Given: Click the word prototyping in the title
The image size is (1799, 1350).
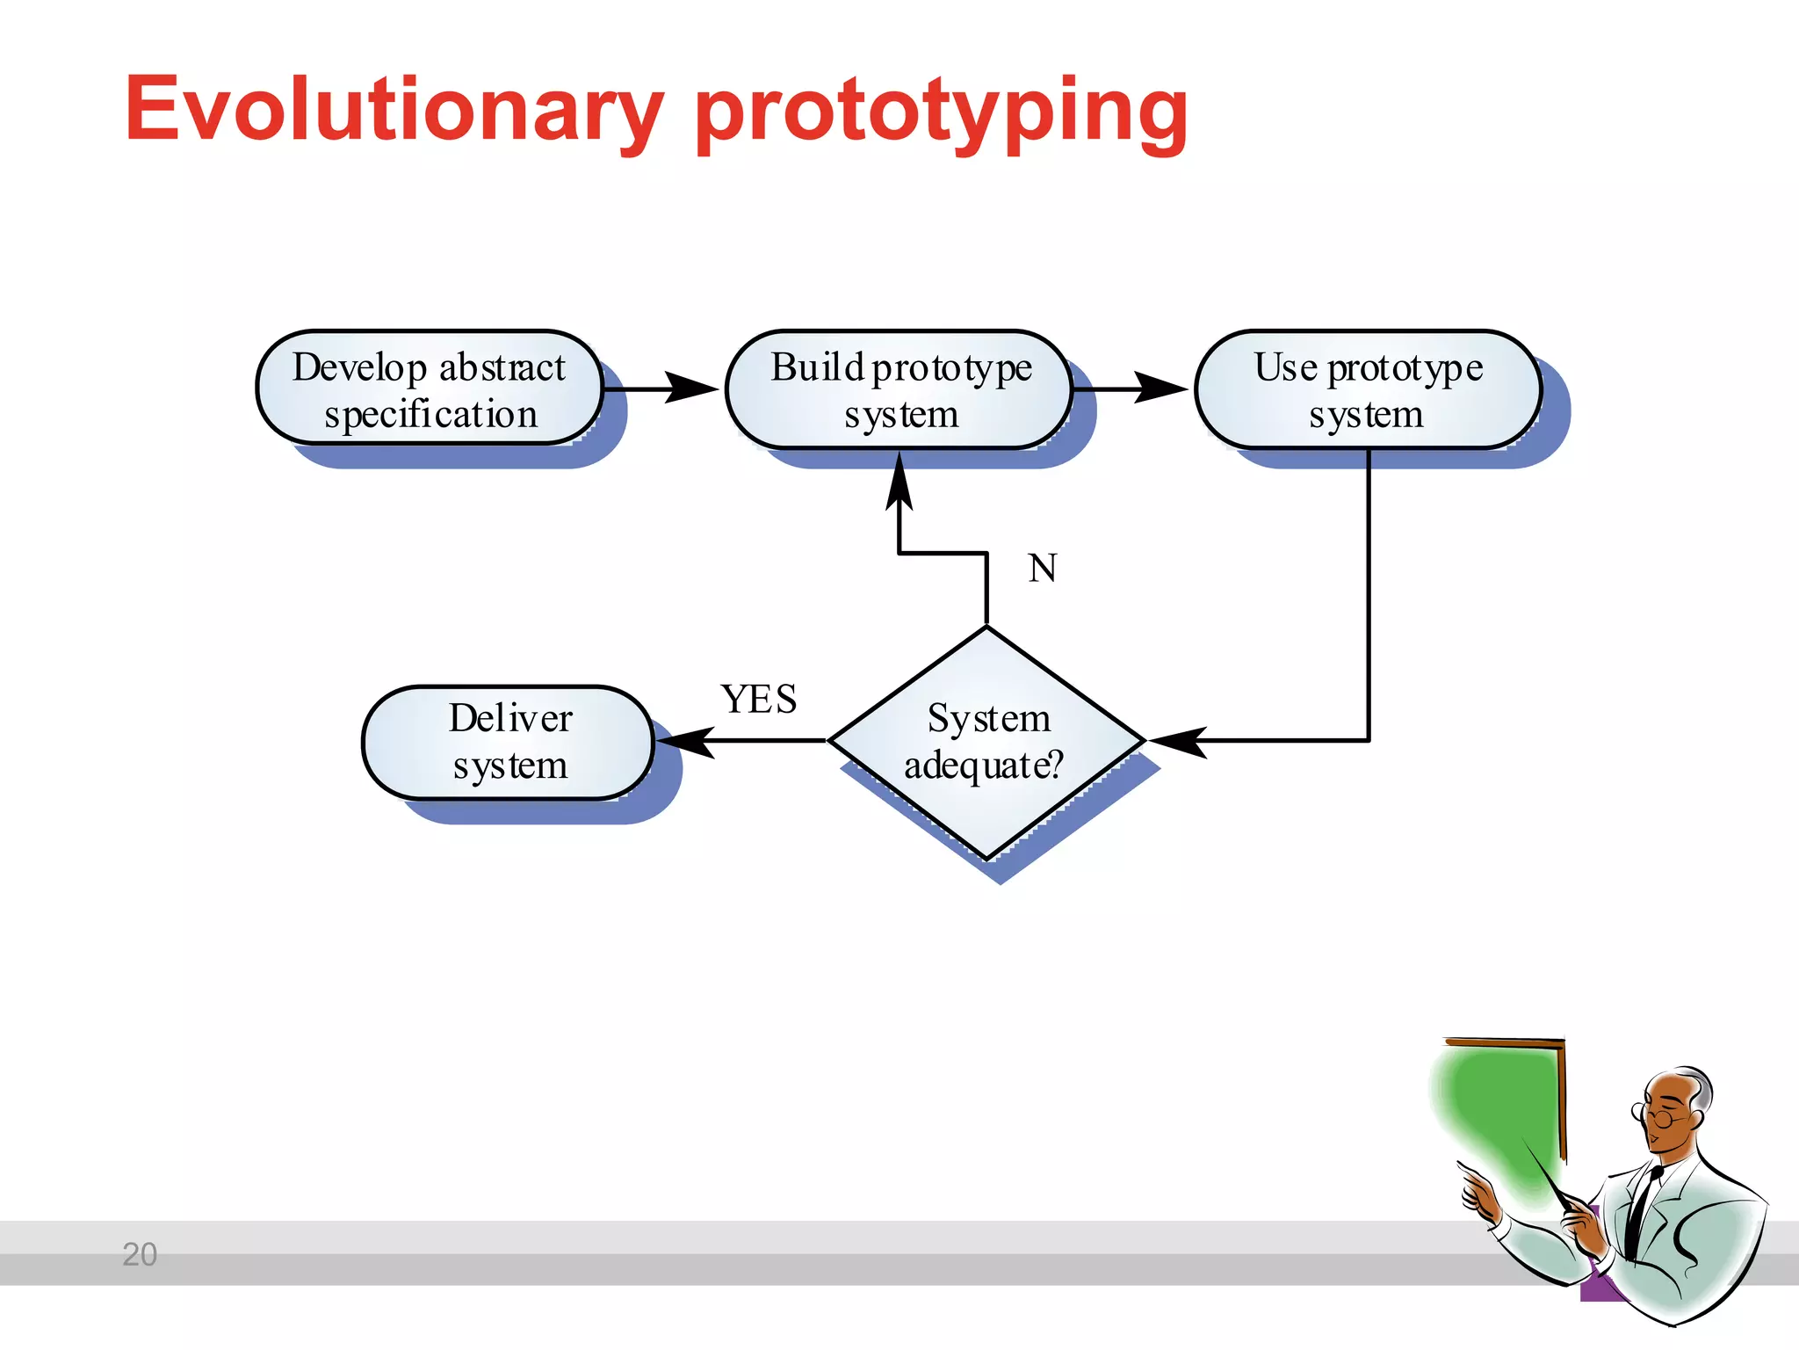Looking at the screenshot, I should pyautogui.click(x=942, y=114).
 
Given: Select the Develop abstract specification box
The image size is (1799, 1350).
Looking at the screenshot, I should pyautogui.click(x=430, y=388).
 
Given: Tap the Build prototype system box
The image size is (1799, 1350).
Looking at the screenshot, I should pyautogui.click(x=899, y=388).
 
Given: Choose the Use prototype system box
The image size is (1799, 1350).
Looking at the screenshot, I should pyautogui.click(x=1368, y=388).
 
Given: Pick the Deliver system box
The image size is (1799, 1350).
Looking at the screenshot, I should pyautogui.click(x=509, y=742).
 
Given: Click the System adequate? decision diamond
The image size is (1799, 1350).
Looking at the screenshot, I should pyautogui.click(x=986, y=742).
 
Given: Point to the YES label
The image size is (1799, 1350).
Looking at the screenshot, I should pyautogui.click(x=759, y=700).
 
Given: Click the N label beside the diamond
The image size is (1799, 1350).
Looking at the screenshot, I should pyautogui.click(x=1043, y=569).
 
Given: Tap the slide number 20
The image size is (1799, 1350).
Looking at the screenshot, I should pyautogui.click(x=140, y=1254).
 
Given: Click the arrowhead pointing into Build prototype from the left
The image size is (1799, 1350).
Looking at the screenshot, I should pyautogui.click(x=692, y=388).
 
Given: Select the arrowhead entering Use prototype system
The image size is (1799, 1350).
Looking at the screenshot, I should pyautogui.click(x=1161, y=388).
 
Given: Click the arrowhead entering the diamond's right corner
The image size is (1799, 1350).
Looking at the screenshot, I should pyautogui.click(x=1177, y=741).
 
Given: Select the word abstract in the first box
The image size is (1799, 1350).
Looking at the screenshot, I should pyautogui.click(x=502, y=367).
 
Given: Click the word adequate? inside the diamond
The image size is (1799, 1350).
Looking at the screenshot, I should pyautogui.click(x=984, y=765).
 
